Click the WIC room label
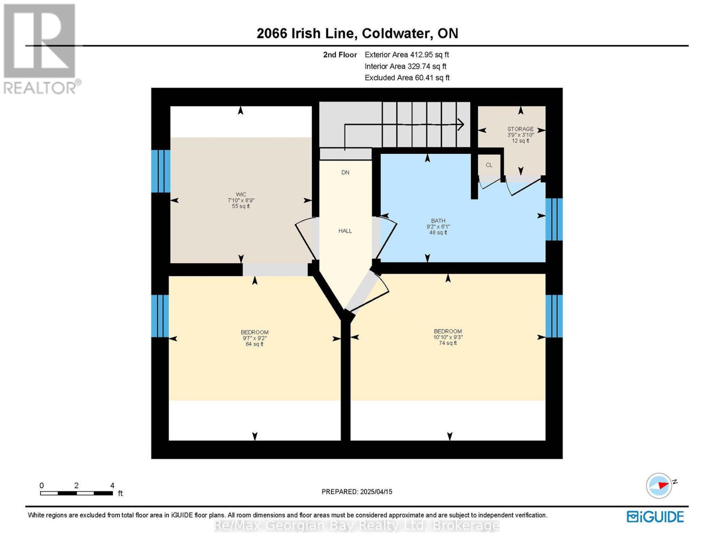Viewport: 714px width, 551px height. coord(241,195)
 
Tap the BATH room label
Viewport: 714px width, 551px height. coord(438,221)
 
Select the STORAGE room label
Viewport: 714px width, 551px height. coord(520,129)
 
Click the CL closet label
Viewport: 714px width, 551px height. coord(489,165)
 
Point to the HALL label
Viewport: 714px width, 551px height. coord(345,231)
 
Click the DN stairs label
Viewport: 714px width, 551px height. coord(345,173)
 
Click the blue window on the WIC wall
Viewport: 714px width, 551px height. coord(161,171)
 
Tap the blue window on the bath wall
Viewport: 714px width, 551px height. coord(554,219)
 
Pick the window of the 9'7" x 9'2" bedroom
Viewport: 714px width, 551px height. coord(160,316)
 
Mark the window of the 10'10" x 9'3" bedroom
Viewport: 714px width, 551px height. coord(554,316)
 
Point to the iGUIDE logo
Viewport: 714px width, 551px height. coord(655,517)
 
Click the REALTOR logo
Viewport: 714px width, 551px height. coord(40,48)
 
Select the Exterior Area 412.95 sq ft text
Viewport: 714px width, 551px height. coord(407,55)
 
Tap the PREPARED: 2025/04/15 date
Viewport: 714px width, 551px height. coord(357,492)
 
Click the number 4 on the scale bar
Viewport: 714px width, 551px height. coord(112,485)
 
